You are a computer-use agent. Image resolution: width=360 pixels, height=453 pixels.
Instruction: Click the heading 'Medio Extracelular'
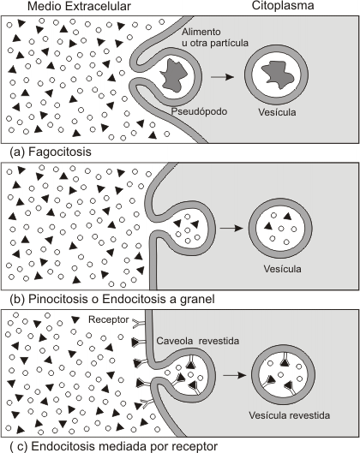(79, 6)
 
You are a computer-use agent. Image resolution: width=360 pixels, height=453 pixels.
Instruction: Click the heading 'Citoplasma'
(283, 6)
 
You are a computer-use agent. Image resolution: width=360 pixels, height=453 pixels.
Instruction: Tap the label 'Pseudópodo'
(199, 111)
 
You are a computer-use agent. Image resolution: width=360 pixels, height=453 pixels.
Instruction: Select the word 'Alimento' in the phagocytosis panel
(201, 32)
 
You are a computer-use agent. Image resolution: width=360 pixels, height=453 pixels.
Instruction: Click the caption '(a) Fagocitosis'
(51, 152)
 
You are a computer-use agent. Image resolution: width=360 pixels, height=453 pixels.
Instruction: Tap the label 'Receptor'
(109, 319)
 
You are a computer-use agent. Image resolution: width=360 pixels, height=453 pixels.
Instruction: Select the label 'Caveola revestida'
(198, 341)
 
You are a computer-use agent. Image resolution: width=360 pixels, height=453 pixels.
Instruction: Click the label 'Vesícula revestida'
(289, 415)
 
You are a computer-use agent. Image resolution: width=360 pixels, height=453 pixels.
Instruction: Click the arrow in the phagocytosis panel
(222, 77)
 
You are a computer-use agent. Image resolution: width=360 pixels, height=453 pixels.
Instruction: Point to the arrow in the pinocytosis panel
(231, 229)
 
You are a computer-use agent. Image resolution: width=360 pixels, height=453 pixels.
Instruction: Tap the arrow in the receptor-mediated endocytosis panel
(235, 375)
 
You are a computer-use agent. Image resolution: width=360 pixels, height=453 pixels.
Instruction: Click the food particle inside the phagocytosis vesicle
(276, 75)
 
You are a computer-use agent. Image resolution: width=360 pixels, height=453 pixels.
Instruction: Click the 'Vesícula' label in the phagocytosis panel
(277, 112)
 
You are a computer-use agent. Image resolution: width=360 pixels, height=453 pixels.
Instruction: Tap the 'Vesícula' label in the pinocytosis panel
(282, 269)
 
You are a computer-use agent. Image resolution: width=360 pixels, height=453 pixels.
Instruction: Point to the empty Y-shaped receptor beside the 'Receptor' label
(139, 324)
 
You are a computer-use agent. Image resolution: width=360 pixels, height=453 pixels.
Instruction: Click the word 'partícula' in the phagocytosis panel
(229, 43)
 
